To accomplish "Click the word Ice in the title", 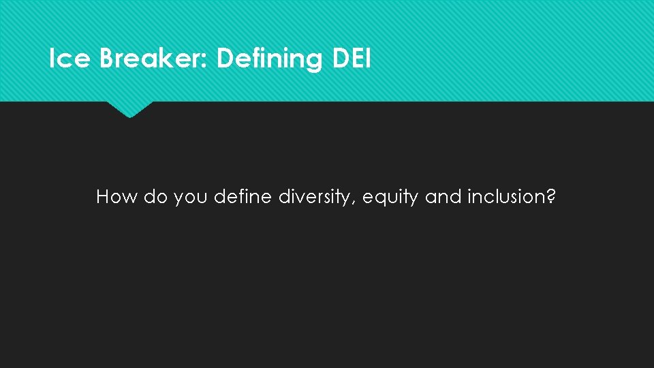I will [x=70, y=59].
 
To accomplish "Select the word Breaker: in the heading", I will [x=155, y=59].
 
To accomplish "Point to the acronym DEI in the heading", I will [x=352, y=59].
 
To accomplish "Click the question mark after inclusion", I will [x=552, y=198].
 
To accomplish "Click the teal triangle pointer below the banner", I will [x=129, y=109].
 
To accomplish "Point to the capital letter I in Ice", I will [x=52, y=59].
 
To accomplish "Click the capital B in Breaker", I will [x=107, y=59].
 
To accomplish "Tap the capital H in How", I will [x=104, y=198].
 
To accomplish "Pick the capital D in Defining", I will [x=224, y=59].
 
